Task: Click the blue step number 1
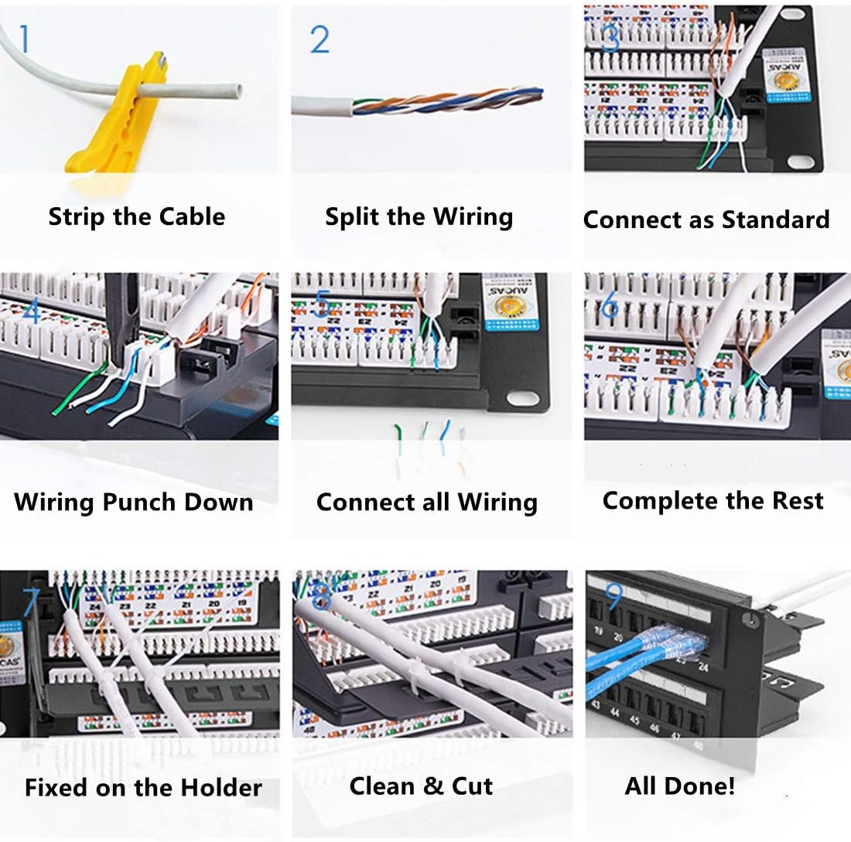click(x=25, y=39)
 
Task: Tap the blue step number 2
click(x=320, y=39)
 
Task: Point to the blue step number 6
click(x=610, y=306)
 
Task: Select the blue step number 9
click(x=613, y=595)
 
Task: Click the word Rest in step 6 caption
click(x=798, y=500)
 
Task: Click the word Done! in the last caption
click(x=701, y=786)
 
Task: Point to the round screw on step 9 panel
click(x=747, y=619)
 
